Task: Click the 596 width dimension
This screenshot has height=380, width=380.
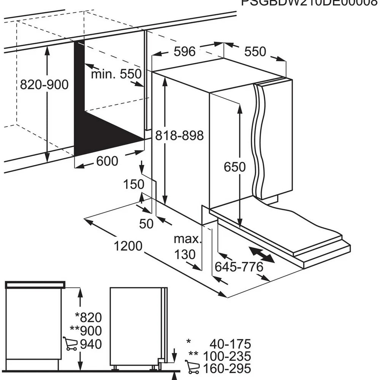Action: coord(185,52)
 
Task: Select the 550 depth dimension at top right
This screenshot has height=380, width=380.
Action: coord(255,52)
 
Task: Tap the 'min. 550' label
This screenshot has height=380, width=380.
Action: coord(116,74)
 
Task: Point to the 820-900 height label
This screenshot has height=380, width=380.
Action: coord(44,84)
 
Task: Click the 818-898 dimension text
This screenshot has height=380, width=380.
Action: coord(180,135)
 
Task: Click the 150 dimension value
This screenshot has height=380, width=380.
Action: coord(133,185)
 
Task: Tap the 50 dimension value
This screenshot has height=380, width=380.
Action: coord(146,224)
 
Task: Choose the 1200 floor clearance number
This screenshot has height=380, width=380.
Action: coord(128,246)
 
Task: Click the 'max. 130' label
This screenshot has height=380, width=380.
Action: coord(187,247)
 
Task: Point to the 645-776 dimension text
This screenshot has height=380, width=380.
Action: coord(239,267)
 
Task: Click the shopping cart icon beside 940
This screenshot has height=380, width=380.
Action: coord(70,344)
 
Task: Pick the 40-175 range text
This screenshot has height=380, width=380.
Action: coord(231,344)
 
